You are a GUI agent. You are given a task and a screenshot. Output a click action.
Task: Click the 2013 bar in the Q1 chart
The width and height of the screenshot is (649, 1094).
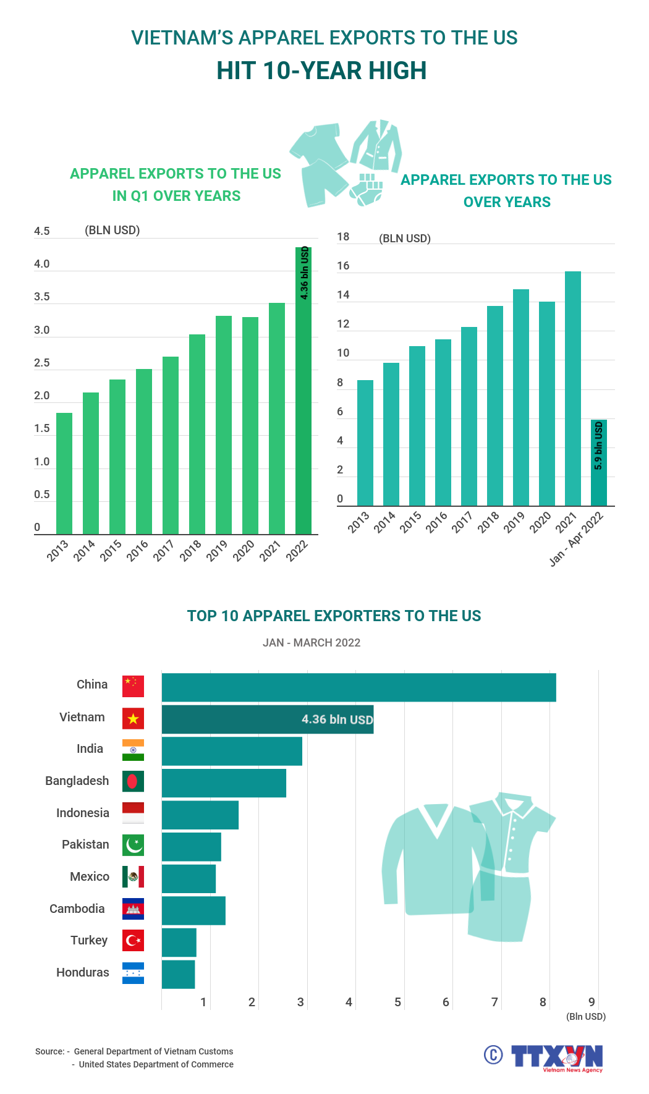click(64, 473)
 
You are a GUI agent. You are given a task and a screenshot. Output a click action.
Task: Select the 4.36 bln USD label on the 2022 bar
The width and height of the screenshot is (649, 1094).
click(304, 273)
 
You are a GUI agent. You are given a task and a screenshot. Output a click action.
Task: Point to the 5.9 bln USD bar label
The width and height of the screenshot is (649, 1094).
click(598, 446)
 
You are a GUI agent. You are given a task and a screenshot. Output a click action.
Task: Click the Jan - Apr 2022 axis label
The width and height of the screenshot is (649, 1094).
click(576, 539)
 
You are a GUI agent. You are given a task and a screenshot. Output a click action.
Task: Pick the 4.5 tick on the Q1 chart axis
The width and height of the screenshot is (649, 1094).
click(42, 231)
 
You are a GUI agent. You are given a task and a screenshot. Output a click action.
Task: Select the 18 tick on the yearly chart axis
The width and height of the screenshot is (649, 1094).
click(343, 237)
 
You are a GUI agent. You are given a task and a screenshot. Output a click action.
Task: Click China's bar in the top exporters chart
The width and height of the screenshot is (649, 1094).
click(358, 687)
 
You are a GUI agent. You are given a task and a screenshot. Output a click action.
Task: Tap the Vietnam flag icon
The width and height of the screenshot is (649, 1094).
click(133, 718)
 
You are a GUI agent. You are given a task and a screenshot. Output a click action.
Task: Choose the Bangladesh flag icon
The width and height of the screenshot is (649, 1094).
click(133, 781)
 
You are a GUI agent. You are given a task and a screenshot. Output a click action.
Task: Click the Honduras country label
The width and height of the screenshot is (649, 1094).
click(83, 972)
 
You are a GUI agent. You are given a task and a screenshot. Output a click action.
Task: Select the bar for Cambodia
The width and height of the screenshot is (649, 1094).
click(193, 910)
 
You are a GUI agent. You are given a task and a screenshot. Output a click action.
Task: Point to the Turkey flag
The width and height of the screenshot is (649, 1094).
click(133, 941)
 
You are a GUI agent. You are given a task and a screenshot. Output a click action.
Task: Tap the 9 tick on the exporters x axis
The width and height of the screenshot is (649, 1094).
click(592, 1002)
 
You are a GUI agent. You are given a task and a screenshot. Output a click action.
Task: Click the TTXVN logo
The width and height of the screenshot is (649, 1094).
click(556, 1058)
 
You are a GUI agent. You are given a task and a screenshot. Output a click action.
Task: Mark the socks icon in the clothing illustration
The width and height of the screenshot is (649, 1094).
click(367, 190)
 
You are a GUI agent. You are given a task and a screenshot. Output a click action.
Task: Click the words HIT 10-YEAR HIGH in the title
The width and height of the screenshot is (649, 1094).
click(321, 71)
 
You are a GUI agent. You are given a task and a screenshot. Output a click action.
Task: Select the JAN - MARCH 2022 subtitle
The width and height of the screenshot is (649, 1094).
click(312, 643)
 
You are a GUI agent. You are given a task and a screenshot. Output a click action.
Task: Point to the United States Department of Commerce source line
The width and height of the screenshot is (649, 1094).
click(156, 1064)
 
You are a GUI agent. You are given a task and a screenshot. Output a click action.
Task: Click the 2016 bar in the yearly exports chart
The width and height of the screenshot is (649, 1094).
click(443, 422)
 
